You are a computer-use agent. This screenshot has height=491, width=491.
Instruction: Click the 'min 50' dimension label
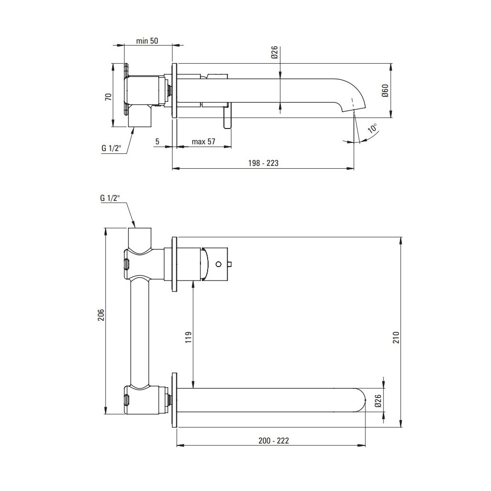click(147, 41)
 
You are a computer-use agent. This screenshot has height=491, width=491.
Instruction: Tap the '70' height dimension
click(108, 97)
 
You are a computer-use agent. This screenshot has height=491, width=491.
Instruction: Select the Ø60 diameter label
click(385, 91)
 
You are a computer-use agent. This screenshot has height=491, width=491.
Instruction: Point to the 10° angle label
click(373, 128)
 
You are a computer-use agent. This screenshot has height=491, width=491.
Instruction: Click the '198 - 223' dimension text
click(263, 163)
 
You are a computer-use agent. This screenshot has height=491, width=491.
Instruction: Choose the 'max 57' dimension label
click(203, 141)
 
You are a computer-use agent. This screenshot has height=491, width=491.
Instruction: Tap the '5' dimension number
click(157, 141)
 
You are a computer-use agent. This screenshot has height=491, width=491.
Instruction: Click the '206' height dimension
click(101, 315)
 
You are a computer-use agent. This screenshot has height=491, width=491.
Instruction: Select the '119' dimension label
click(188, 337)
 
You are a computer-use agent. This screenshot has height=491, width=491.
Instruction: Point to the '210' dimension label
click(396, 337)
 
